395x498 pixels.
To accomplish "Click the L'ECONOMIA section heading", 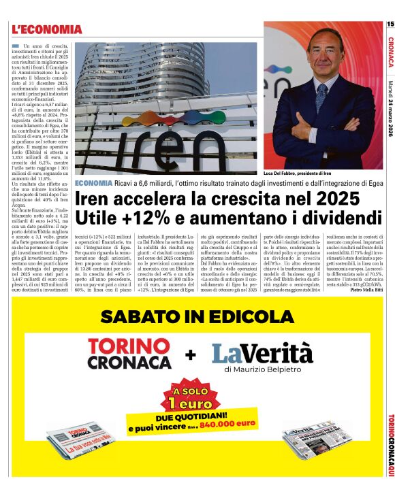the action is [46, 29].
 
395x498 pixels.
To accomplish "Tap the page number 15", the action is [390, 24].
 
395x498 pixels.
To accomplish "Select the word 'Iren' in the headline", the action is [97, 199].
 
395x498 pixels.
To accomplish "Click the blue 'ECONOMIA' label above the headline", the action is [94, 184].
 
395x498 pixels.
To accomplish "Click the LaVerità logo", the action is [262, 353].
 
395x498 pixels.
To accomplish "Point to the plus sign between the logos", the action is [191, 354].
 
